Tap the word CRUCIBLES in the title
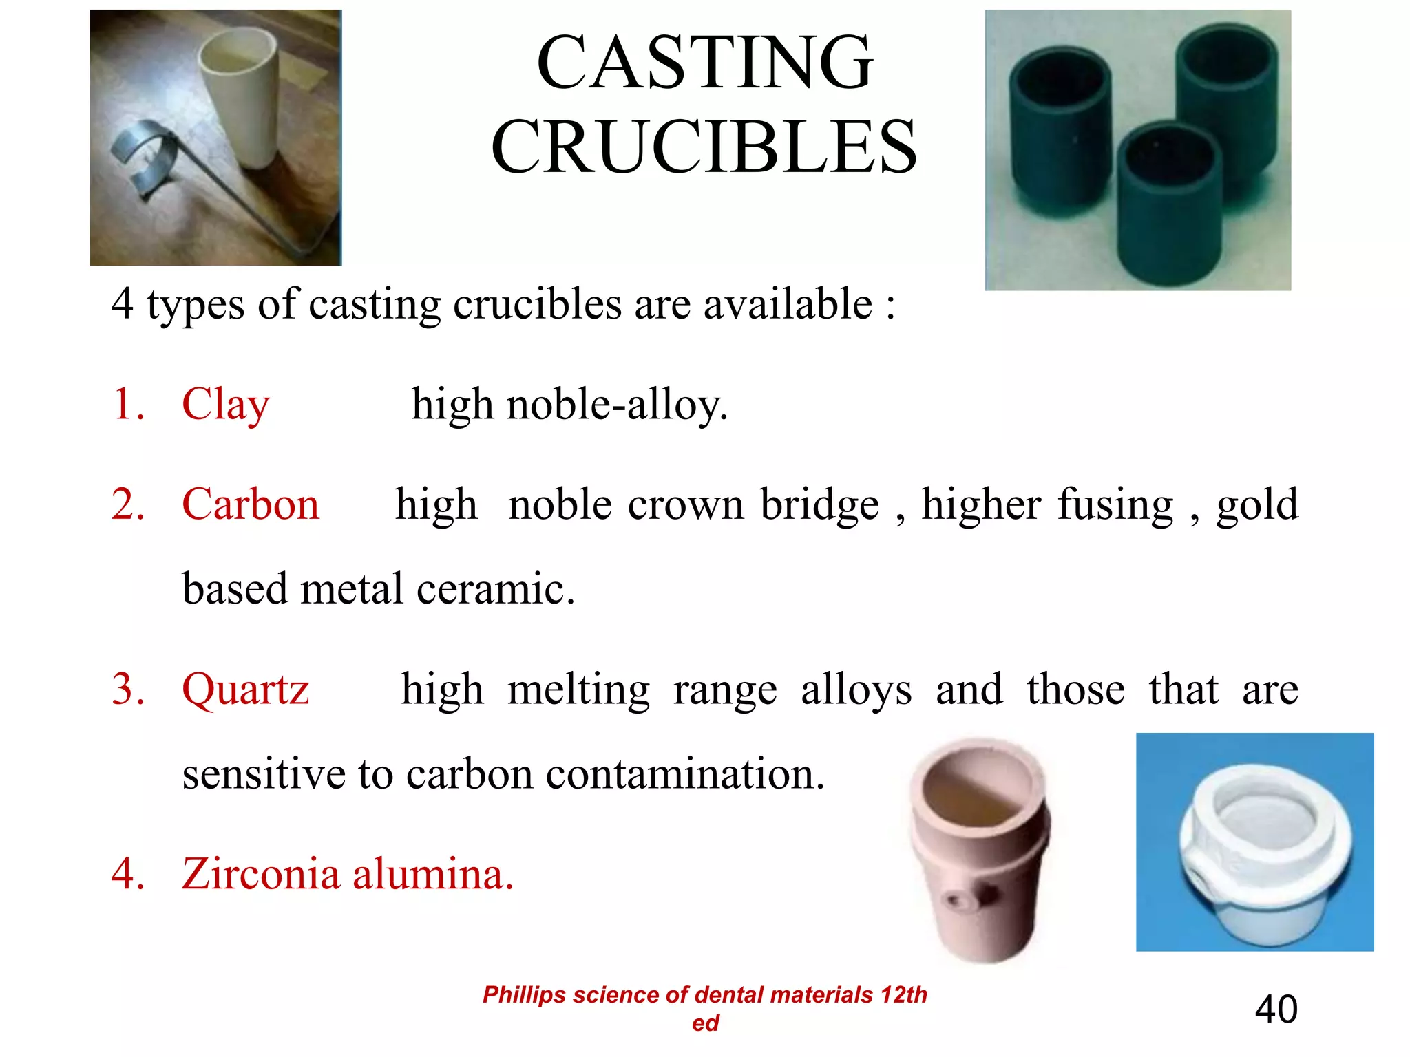[704, 147]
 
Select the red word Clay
[225, 405]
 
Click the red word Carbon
[251, 504]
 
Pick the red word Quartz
[245, 690]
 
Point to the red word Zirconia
[261, 874]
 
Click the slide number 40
[1276, 1010]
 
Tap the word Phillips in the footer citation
[523, 995]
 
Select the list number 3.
[127, 689]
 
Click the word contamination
[685, 774]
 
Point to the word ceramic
[495, 589]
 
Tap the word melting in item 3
[578, 690]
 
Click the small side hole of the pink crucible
[956, 900]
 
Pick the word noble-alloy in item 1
[617, 405]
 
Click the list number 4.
[127, 874]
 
